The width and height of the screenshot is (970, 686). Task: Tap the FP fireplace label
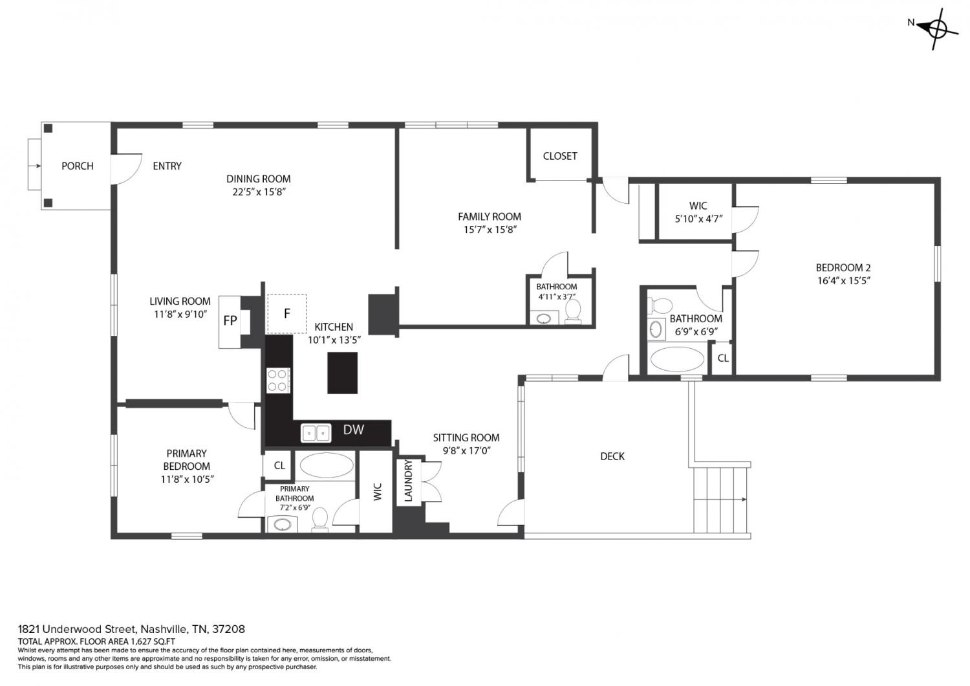point(230,321)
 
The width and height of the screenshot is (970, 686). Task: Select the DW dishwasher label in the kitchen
point(353,430)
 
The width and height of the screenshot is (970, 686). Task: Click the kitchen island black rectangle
point(342,373)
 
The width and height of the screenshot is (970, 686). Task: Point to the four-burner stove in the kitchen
point(278,380)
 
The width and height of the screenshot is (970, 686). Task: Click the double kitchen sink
point(316,433)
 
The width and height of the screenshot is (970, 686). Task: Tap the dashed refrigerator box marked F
point(286,314)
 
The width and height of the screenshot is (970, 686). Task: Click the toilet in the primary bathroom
point(320,520)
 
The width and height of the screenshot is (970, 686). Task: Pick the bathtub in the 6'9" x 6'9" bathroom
point(677,359)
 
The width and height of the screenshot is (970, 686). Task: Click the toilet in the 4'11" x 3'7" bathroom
point(573,311)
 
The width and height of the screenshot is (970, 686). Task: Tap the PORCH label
point(78,166)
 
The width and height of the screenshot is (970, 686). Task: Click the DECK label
point(612,456)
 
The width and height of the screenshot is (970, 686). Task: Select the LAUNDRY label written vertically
point(408,481)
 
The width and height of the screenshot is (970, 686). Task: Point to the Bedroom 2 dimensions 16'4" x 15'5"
point(843,280)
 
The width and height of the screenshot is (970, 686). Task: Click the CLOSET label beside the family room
point(560,156)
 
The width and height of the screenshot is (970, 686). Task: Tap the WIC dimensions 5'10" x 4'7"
point(698,219)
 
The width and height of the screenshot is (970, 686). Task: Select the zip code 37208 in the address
point(228,629)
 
